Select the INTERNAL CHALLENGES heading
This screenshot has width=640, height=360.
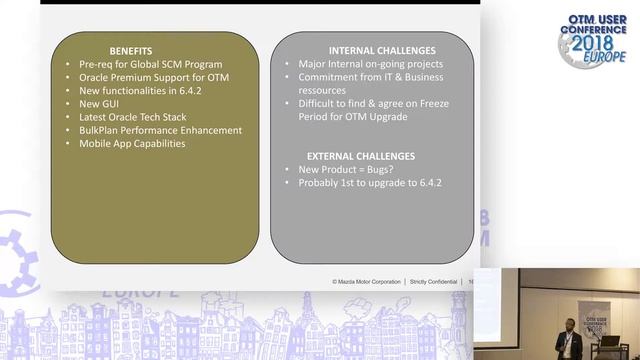click(381, 50)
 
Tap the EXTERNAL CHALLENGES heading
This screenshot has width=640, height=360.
click(361, 157)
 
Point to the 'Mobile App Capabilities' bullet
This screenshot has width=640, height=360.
click(132, 143)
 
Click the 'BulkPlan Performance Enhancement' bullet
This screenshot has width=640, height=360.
click(160, 130)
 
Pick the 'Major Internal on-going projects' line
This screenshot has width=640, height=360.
click(370, 64)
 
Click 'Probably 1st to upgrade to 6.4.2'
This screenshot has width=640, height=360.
click(370, 183)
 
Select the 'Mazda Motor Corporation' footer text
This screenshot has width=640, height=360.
click(366, 282)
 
